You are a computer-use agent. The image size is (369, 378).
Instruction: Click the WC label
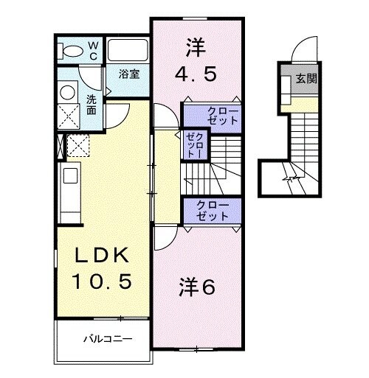[x=93, y=50]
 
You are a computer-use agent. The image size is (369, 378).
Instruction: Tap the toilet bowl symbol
[x=73, y=51]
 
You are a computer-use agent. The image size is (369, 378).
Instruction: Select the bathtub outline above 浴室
[x=128, y=50]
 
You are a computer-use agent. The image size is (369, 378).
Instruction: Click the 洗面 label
[x=91, y=105]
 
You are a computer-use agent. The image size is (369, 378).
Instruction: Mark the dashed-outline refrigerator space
[x=78, y=144]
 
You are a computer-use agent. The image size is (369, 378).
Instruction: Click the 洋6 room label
[x=197, y=287]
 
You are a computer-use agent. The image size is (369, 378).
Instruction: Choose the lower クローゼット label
[x=213, y=211]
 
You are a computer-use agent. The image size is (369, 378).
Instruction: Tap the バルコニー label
[x=107, y=340]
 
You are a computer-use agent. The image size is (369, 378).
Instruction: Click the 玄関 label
[x=307, y=79]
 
